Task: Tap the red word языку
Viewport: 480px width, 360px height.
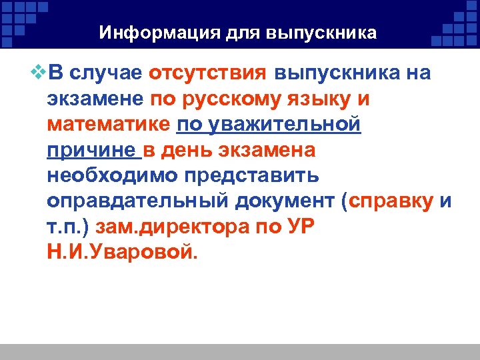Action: (x=325, y=99)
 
